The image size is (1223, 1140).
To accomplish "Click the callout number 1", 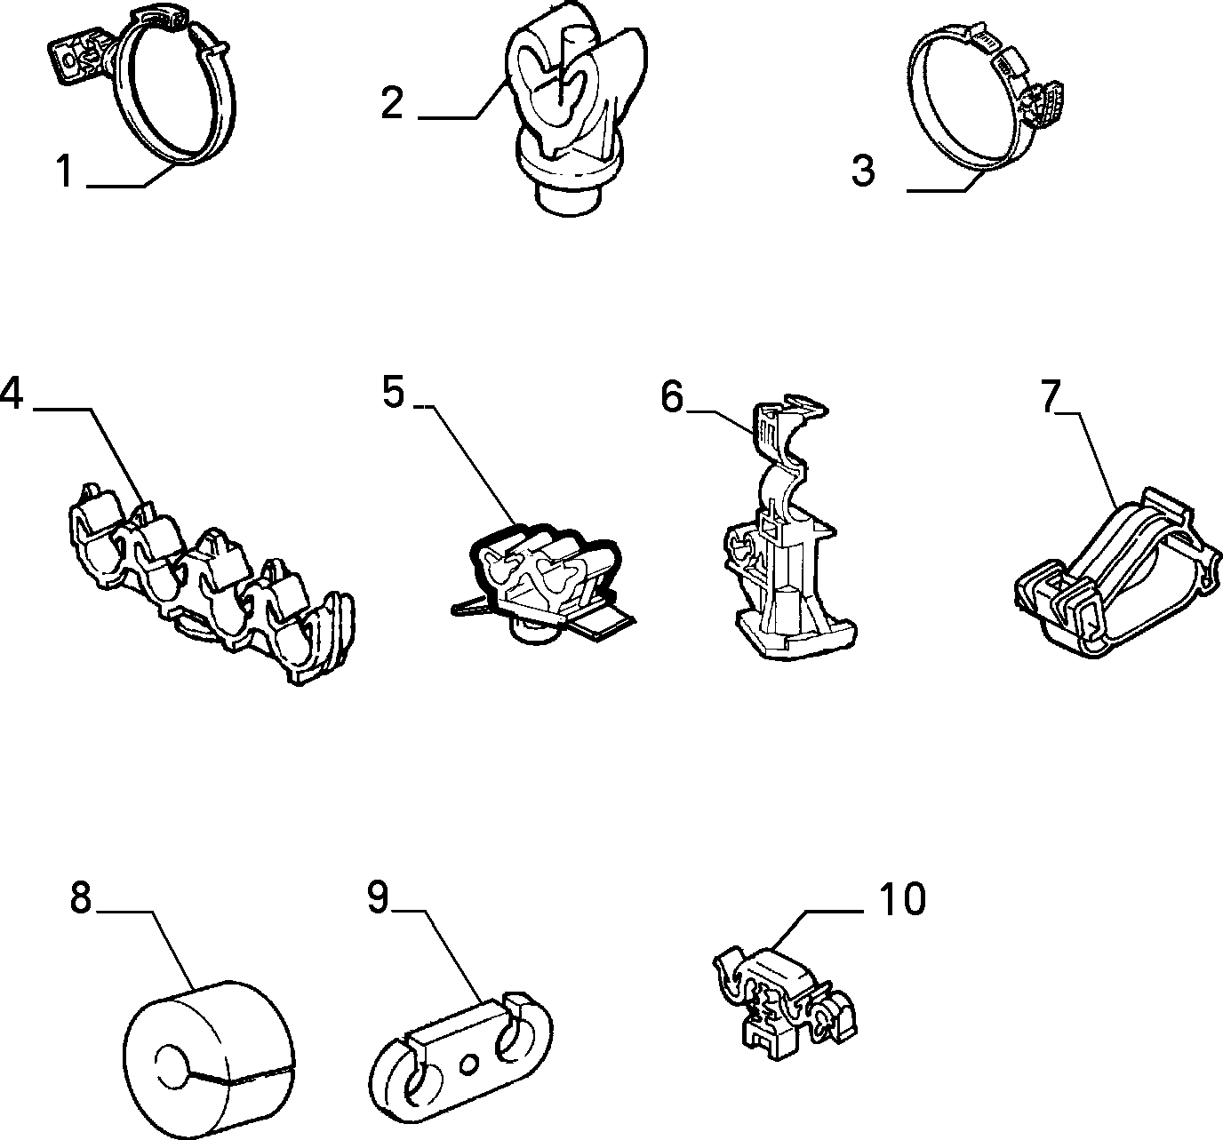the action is pyautogui.click(x=64, y=171).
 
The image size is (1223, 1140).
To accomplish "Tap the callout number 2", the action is pyautogui.click(x=392, y=103).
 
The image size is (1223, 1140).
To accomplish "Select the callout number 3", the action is pyautogui.click(x=863, y=171).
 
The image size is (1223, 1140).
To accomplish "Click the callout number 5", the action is pyautogui.click(x=393, y=391).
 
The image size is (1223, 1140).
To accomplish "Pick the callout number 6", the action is pyautogui.click(x=672, y=396).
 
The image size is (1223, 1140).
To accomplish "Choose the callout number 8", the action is pyautogui.click(x=81, y=897).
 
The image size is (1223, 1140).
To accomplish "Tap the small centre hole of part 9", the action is pyautogui.click(x=468, y=1063).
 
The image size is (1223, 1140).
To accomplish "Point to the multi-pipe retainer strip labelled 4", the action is pyautogui.click(x=211, y=583).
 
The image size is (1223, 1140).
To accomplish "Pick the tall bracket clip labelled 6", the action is pyautogui.click(x=789, y=530).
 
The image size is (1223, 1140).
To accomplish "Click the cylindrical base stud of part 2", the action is pyautogui.click(x=567, y=198).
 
